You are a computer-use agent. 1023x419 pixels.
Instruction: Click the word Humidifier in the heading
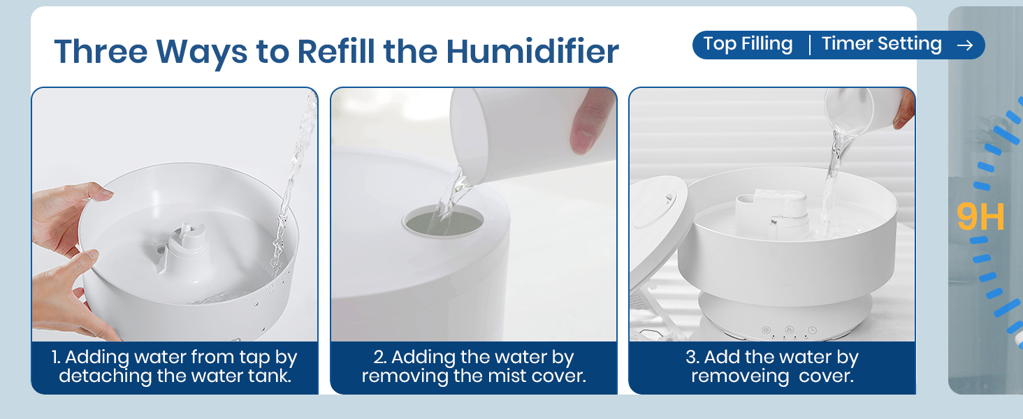pyautogui.click(x=532, y=51)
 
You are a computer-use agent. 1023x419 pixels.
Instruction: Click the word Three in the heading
pyautogui.click(x=99, y=51)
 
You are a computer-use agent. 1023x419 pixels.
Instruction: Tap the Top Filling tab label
pyautogui.click(x=748, y=44)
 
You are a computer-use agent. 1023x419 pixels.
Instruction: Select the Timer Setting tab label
pyautogui.click(x=881, y=44)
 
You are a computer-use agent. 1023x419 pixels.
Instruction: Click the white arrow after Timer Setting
pyautogui.click(x=965, y=45)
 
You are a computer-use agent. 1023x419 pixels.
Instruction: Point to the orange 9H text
pyautogui.click(x=980, y=218)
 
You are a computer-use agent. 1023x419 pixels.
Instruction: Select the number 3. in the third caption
pyautogui.click(x=692, y=358)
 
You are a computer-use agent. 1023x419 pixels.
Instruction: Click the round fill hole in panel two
pyautogui.click(x=443, y=221)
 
